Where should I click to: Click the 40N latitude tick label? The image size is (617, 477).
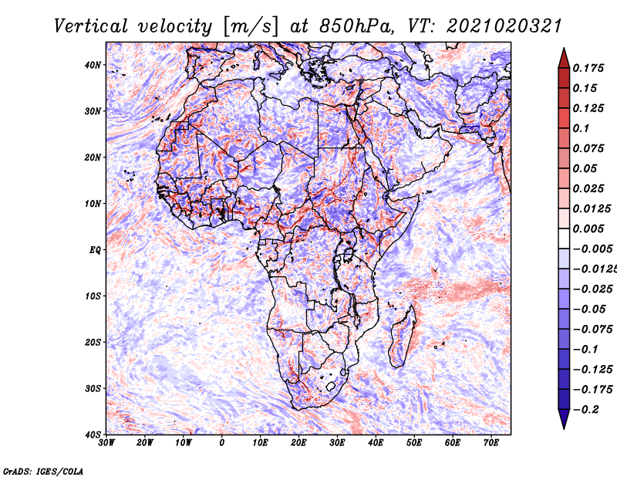(92, 65)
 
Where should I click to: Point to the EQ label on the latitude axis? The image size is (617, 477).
(95, 250)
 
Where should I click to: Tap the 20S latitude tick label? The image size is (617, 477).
(93, 342)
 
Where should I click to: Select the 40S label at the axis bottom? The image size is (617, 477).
(93, 435)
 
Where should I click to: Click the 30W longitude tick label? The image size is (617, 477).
(106, 443)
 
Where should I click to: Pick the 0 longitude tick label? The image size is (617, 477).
(222, 443)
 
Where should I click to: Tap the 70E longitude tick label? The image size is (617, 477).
(491, 443)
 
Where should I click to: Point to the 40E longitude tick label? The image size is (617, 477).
(376, 443)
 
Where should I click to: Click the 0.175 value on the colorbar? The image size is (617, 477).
(588, 68)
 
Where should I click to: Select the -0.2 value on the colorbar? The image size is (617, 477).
(585, 410)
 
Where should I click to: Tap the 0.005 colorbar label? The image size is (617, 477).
(588, 228)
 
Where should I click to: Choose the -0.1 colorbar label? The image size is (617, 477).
(585, 350)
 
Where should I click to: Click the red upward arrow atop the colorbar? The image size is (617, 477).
(564, 59)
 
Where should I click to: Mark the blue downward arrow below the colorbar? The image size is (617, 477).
(564, 419)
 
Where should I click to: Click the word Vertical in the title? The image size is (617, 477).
(91, 26)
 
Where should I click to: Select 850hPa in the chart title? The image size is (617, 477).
(356, 26)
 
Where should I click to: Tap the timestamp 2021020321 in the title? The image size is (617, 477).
(504, 26)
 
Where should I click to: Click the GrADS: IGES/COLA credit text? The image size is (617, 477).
(43, 471)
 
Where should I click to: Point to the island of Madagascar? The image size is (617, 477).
(402, 336)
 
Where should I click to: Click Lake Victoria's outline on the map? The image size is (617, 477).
(349, 255)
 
